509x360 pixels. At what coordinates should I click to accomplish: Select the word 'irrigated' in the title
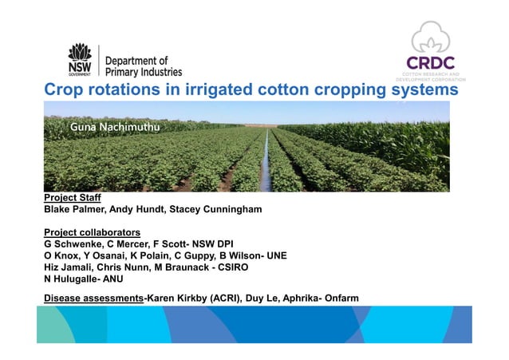pyautogui.click(x=227, y=90)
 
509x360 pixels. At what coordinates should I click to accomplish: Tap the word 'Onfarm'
pyautogui.click(x=338, y=299)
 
